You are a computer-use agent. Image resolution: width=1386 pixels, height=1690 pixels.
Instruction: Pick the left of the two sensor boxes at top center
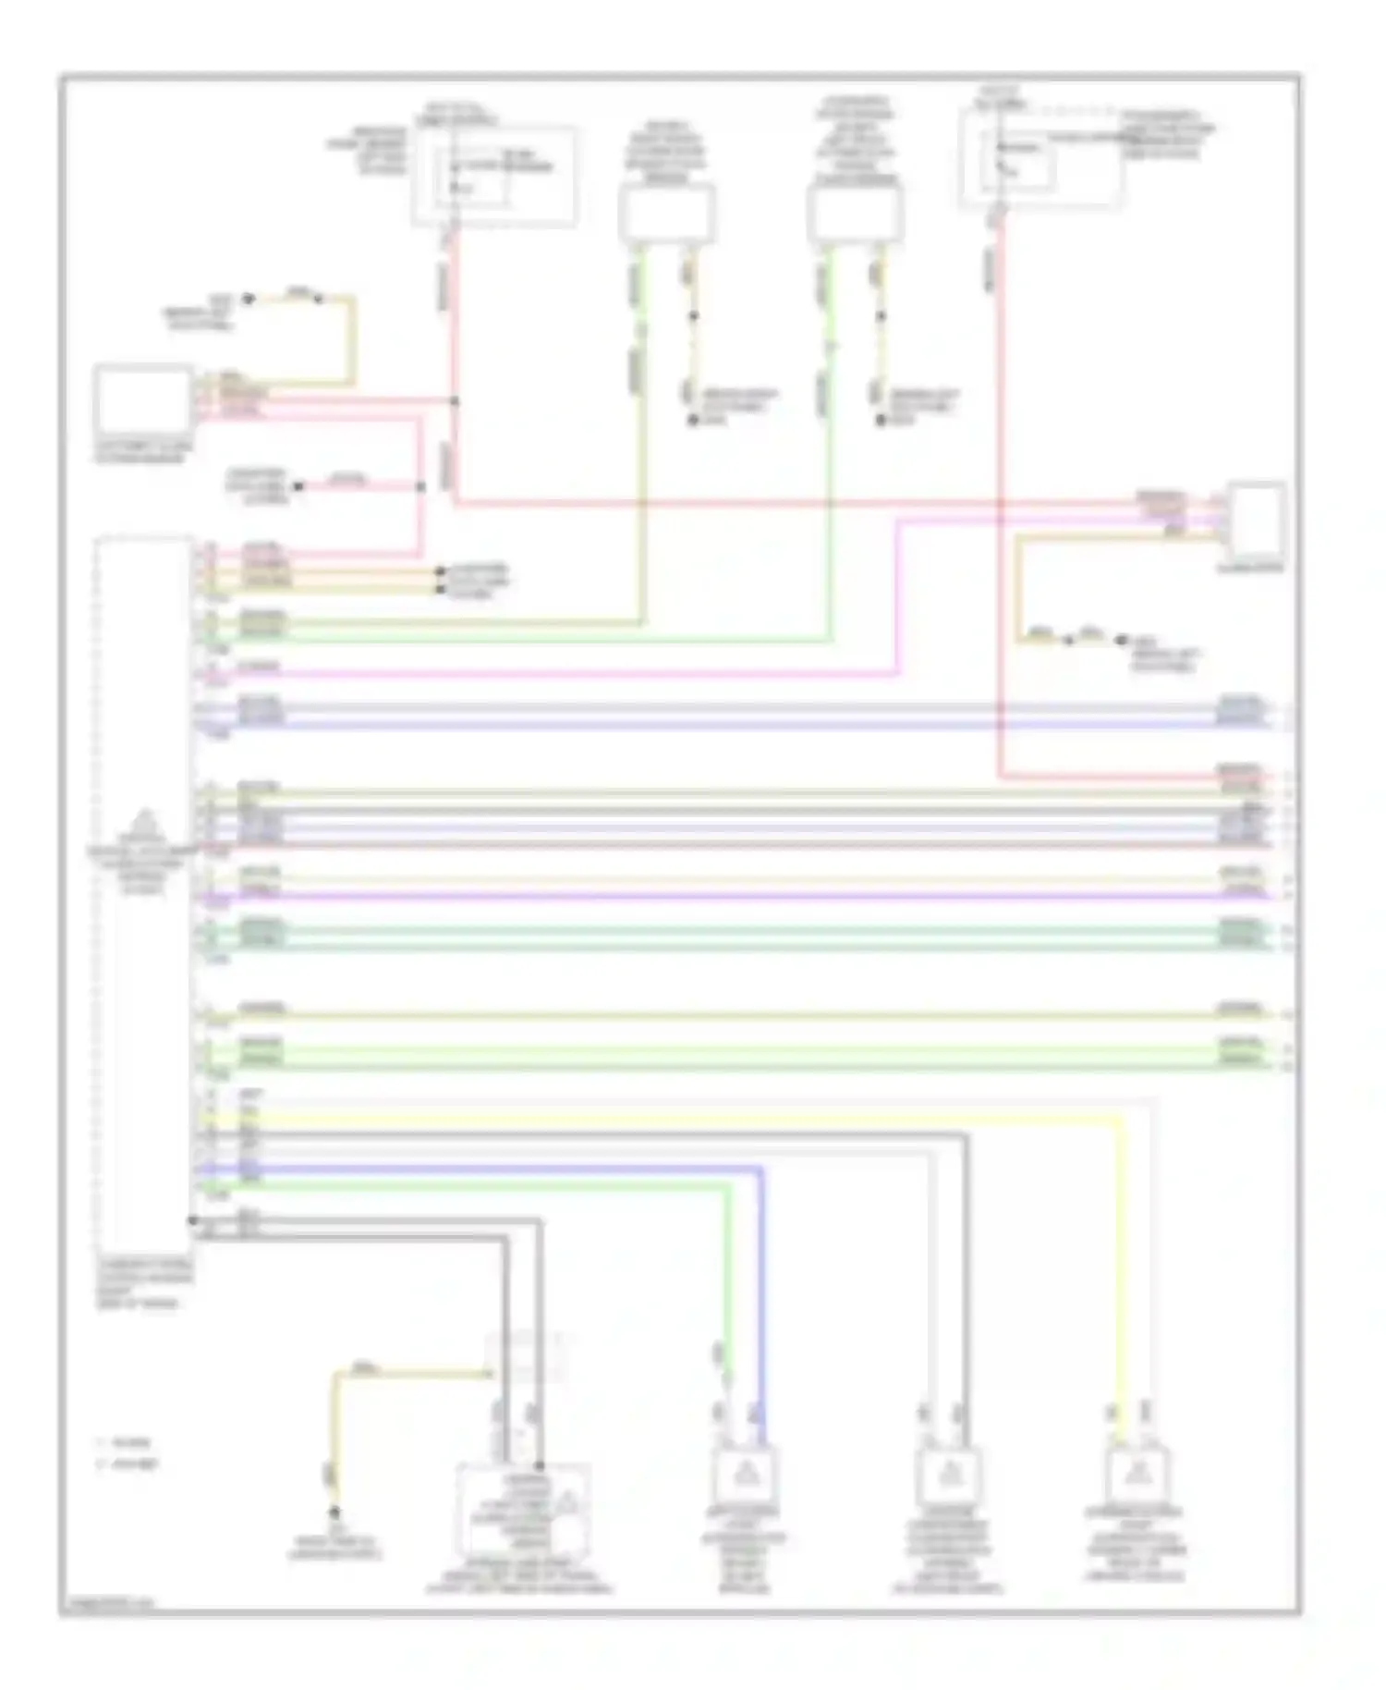[666, 214]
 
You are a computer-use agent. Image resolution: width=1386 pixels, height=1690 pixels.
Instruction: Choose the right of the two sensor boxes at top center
[855, 214]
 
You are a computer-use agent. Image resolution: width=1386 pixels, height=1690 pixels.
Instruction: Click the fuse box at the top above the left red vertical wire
[493, 177]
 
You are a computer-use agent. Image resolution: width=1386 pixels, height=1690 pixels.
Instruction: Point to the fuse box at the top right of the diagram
[1042, 165]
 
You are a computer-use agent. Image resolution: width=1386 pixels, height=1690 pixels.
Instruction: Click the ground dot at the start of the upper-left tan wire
[248, 299]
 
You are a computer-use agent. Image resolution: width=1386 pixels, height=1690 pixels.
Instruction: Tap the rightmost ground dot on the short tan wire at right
[1121, 640]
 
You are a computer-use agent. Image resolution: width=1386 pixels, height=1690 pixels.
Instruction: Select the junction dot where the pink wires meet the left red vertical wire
[454, 401]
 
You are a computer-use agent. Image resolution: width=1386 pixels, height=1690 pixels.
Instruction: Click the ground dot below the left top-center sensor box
[691, 422]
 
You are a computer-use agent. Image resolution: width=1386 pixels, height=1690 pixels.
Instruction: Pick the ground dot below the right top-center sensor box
[881, 422]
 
